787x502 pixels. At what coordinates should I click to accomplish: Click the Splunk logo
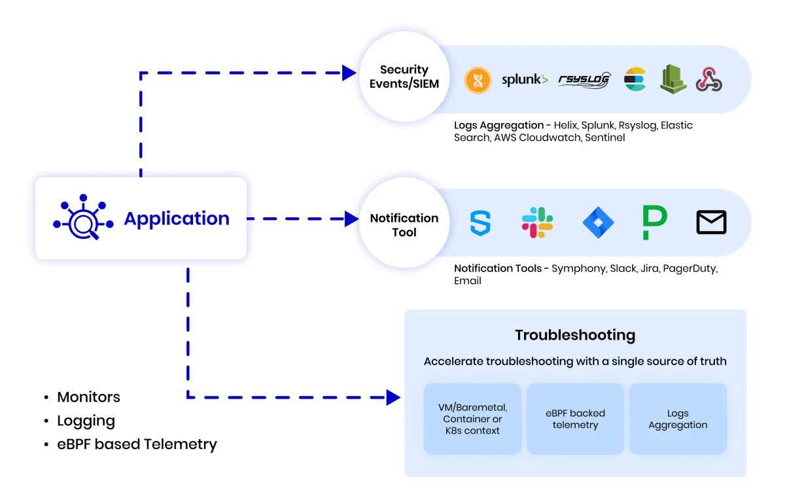point(524,80)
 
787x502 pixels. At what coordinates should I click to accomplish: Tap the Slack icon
point(538,223)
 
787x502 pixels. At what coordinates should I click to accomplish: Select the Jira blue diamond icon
point(598,223)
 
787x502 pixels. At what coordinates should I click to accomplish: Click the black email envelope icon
point(711,223)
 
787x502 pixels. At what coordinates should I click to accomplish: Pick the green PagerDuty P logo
point(654,223)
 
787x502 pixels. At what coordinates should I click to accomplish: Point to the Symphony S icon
point(480,223)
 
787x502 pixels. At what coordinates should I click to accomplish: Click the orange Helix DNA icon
point(478,81)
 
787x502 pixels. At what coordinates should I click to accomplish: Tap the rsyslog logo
point(584,80)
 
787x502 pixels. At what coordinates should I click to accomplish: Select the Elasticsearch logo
point(635,80)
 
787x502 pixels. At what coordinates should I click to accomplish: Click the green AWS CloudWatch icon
point(673,79)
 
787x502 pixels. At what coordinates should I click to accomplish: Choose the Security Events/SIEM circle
point(404,77)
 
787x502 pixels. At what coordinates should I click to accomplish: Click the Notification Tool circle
point(404,225)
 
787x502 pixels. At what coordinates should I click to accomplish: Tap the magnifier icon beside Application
point(83,218)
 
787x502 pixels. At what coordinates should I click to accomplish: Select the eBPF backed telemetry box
point(575,419)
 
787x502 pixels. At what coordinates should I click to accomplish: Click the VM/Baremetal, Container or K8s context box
point(472,419)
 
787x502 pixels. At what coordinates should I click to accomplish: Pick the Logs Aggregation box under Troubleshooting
point(678,419)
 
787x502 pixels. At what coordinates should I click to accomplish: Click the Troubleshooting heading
point(575,335)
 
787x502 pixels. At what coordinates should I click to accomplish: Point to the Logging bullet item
point(86,421)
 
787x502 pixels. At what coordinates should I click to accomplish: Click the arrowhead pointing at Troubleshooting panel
point(393,397)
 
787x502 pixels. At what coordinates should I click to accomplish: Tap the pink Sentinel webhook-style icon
point(709,80)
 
